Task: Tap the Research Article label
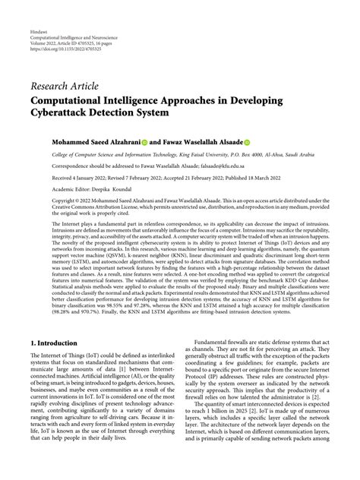click(x=62, y=84)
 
